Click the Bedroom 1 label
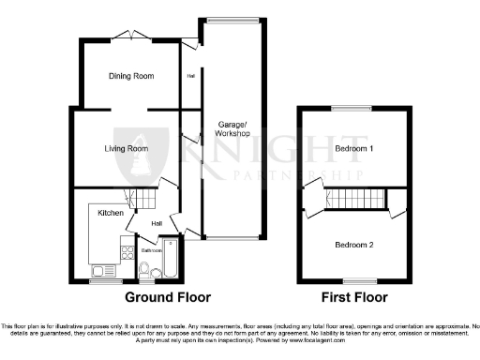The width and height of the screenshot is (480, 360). (353, 149)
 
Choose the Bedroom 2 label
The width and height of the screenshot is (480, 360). (353, 245)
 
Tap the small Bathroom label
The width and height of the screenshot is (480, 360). (152, 251)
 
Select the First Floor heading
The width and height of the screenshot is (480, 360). (354, 298)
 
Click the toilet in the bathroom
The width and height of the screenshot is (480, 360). (143, 271)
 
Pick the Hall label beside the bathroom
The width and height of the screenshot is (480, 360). (157, 223)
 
